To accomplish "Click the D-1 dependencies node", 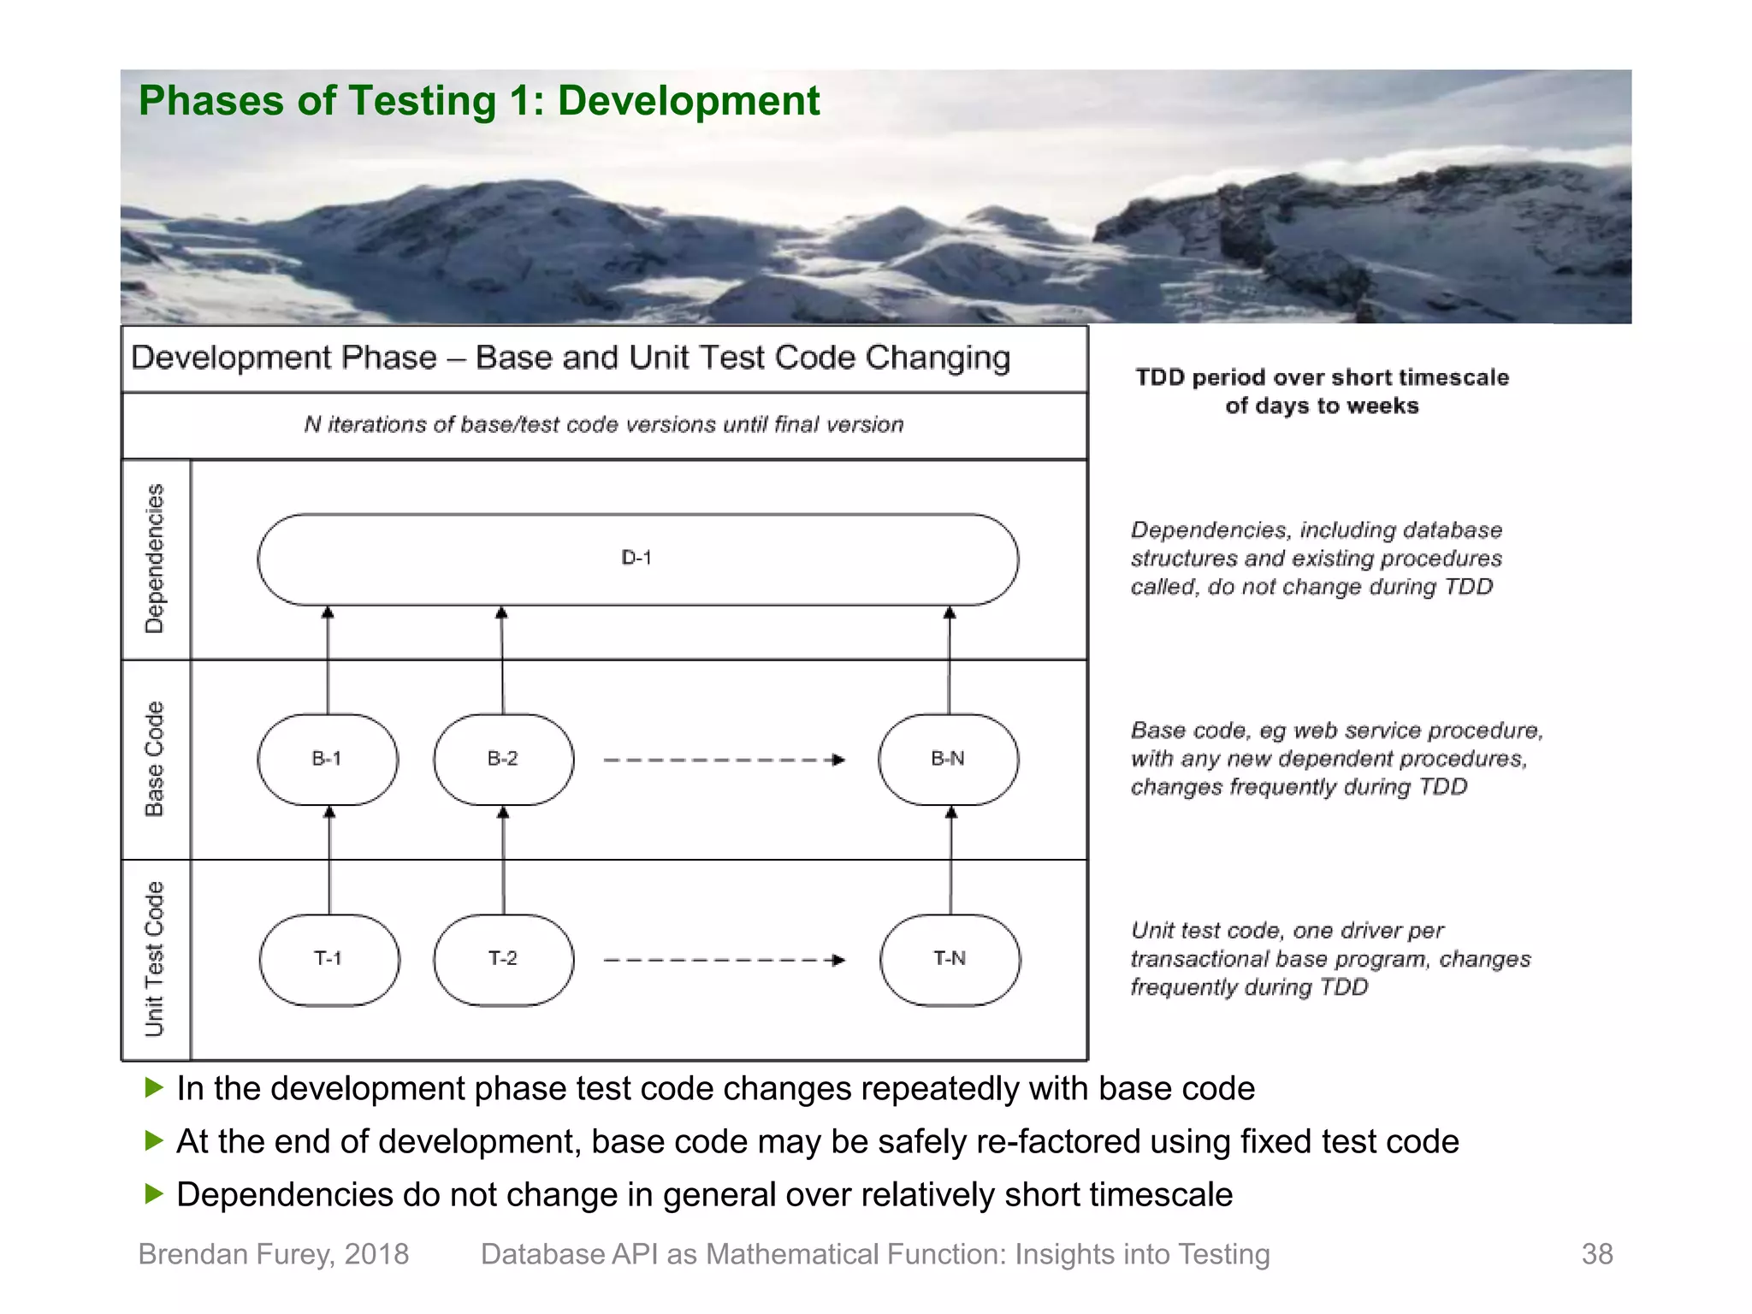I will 637,559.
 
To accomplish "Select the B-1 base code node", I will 327,759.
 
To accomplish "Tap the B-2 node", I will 503,759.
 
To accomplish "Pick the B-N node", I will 948,759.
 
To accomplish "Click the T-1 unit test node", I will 328,959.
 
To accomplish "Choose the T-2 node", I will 503,959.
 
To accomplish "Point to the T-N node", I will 950,959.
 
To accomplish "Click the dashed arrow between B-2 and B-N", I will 724,760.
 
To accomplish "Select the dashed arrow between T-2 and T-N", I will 724,960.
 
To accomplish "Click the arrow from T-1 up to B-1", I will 329,860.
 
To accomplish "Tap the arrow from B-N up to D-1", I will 949,660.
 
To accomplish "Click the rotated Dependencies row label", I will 154,559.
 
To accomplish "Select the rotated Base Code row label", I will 154,759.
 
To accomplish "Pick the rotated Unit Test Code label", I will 154,959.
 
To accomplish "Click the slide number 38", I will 1596,1254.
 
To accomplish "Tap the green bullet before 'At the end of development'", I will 154,1140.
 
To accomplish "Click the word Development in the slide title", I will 689,101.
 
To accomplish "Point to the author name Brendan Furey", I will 273,1254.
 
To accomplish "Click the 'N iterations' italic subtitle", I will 604,424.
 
